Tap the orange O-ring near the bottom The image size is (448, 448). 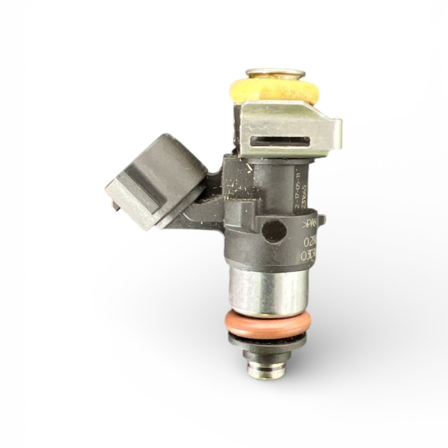pos(268,324)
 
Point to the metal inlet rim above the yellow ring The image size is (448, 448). pos(275,73)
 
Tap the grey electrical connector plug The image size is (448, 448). pos(157,179)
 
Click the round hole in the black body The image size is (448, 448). pos(274,229)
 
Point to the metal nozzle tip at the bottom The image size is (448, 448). pos(268,370)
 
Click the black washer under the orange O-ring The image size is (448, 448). pos(268,338)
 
